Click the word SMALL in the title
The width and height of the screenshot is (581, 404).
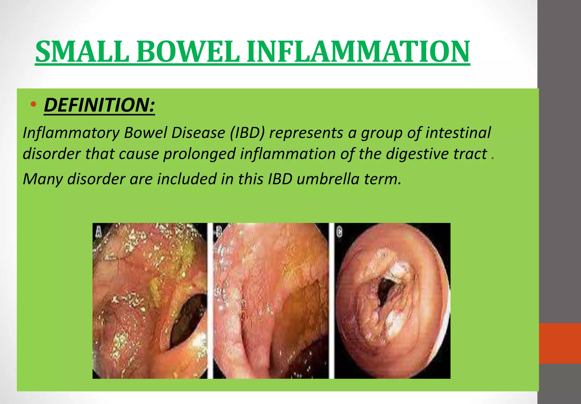click(82, 52)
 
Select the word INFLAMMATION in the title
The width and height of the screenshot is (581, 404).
click(358, 52)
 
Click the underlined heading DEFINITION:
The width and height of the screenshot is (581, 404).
click(99, 105)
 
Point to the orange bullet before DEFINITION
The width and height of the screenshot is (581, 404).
click(33, 104)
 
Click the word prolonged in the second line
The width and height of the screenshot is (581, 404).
click(199, 154)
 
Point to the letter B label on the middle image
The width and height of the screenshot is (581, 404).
click(219, 231)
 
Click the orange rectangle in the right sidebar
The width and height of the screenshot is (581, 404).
click(559, 343)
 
